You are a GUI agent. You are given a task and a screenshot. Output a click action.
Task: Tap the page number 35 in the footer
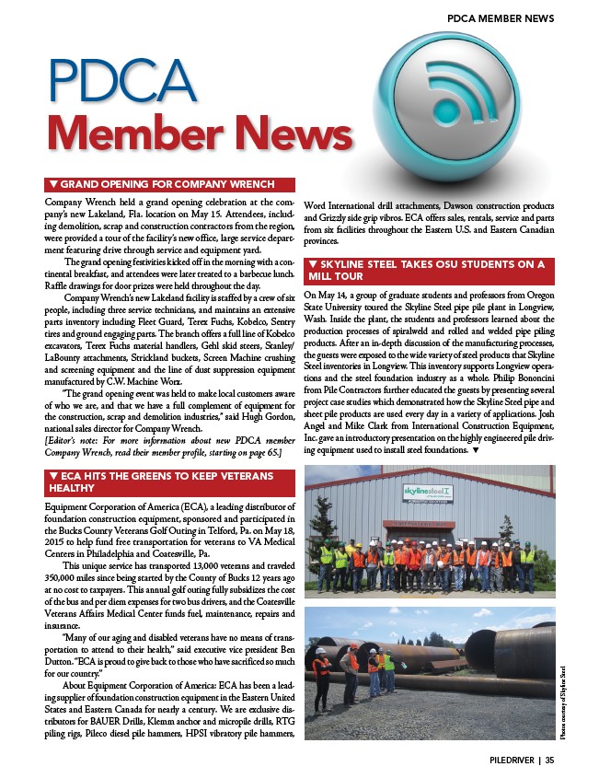tap(549, 761)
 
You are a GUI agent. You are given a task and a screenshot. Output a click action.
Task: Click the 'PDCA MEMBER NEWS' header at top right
tap(500, 18)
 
